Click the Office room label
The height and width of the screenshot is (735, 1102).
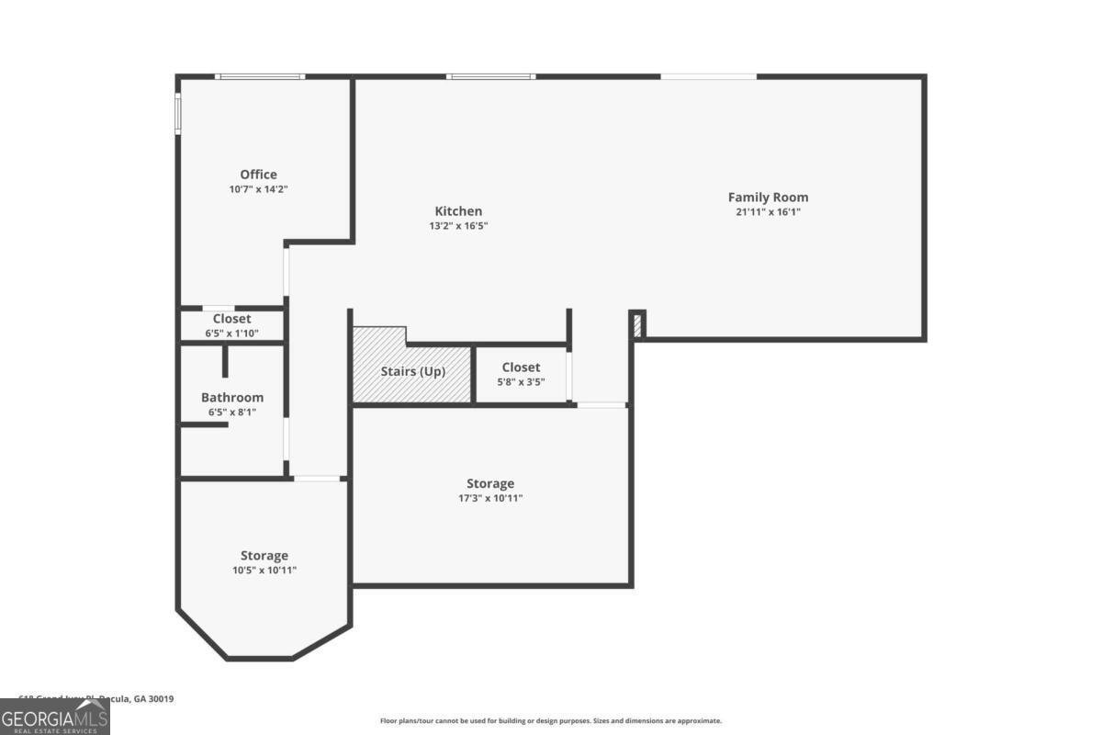[x=258, y=175]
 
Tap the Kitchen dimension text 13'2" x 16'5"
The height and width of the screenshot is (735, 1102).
[x=458, y=225]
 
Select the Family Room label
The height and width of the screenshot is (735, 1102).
[x=768, y=197]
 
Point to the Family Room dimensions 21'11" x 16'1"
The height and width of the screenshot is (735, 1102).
[x=768, y=211]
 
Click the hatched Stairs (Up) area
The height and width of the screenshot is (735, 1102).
[x=412, y=372]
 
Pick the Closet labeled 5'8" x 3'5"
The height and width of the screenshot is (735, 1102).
[x=521, y=367]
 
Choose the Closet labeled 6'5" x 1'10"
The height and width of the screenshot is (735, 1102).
[x=231, y=319]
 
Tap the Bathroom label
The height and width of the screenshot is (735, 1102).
[x=232, y=397]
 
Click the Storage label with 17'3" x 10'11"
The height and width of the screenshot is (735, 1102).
[x=490, y=483]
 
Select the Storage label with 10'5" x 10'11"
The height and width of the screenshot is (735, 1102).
[x=264, y=555]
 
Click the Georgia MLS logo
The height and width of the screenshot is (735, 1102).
[x=55, y=717]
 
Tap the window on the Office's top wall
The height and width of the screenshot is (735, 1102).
[x=259, y=76]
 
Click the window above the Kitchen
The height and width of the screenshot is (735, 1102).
[x=490, y=76]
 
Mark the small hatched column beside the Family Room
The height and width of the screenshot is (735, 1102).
[x=637, y=323]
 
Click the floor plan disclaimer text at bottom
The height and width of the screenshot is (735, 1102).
[x=551, y=721]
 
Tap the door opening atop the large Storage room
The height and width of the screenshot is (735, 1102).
[x=602, y=404]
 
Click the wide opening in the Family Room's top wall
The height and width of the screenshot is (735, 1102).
[x=708, y=76]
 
